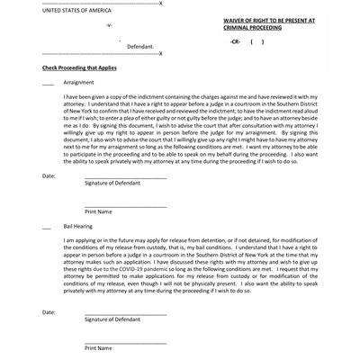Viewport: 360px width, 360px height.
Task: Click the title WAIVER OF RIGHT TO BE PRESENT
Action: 269,18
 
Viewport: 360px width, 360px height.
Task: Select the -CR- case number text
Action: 236,41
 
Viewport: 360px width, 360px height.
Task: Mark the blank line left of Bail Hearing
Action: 48,227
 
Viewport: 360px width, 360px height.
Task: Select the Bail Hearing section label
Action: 79,227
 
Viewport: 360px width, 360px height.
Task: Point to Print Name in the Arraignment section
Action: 98,211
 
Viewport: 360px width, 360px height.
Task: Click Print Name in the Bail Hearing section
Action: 98,348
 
